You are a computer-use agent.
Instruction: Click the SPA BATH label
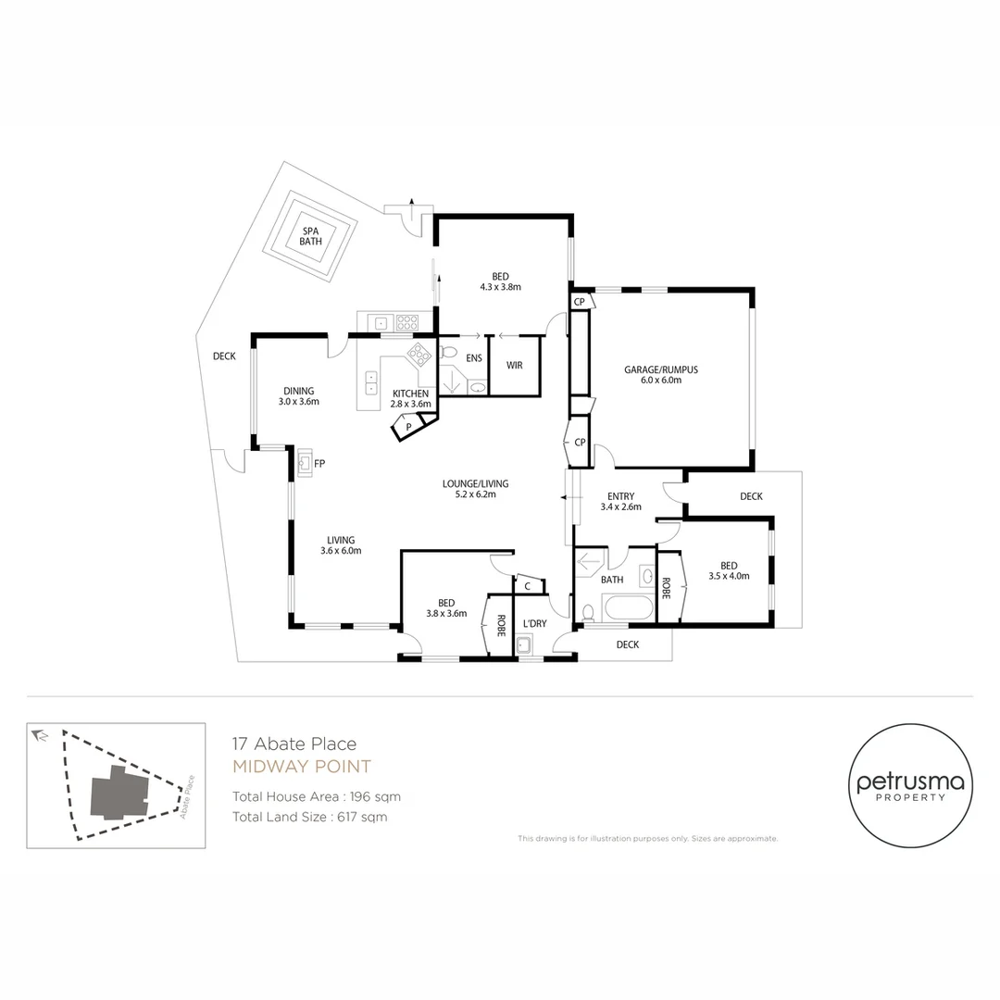310,236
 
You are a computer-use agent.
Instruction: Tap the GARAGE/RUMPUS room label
660,374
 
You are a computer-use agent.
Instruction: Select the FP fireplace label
319,463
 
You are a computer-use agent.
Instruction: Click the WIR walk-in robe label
515,365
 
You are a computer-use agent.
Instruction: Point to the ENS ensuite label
474,357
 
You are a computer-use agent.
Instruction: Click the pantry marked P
407,427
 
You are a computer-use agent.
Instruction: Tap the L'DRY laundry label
535,623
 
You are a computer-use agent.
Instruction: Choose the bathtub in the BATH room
627,609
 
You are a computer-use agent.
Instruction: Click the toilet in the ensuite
448,352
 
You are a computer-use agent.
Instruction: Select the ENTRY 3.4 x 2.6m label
620,501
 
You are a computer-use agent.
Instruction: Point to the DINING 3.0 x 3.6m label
298,396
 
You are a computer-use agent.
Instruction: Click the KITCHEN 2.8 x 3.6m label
410,398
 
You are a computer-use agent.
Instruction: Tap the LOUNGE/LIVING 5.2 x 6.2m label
475,489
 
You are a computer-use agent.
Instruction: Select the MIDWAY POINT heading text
301,767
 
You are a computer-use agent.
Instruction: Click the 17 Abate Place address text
294,744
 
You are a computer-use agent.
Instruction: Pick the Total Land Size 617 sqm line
309,817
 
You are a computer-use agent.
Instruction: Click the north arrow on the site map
40,735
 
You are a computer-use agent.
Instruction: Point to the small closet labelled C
527,585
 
